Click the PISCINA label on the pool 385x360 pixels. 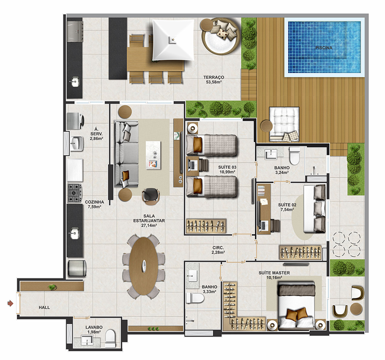point(324,48)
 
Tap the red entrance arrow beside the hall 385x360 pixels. point(10,303)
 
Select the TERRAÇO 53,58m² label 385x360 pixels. point(214,80)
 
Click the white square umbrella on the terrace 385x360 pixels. point(173,40)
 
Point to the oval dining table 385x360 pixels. point(144,266)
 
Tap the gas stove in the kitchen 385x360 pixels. point(75,193)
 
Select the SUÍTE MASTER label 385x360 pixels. point(274,273)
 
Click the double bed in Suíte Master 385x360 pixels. point(296,305)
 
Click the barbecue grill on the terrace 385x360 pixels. point(75,32)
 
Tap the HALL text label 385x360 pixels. point(44,308)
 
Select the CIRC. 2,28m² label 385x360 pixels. point(218,250)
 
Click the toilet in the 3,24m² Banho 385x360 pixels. point(295,156)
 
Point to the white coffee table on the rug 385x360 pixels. point(153,155)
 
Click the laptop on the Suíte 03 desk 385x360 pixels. point(192,165)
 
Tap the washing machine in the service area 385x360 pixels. point(75,121)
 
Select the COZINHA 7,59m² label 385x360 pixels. point(95,204)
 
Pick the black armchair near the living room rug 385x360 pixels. point(151,196)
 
